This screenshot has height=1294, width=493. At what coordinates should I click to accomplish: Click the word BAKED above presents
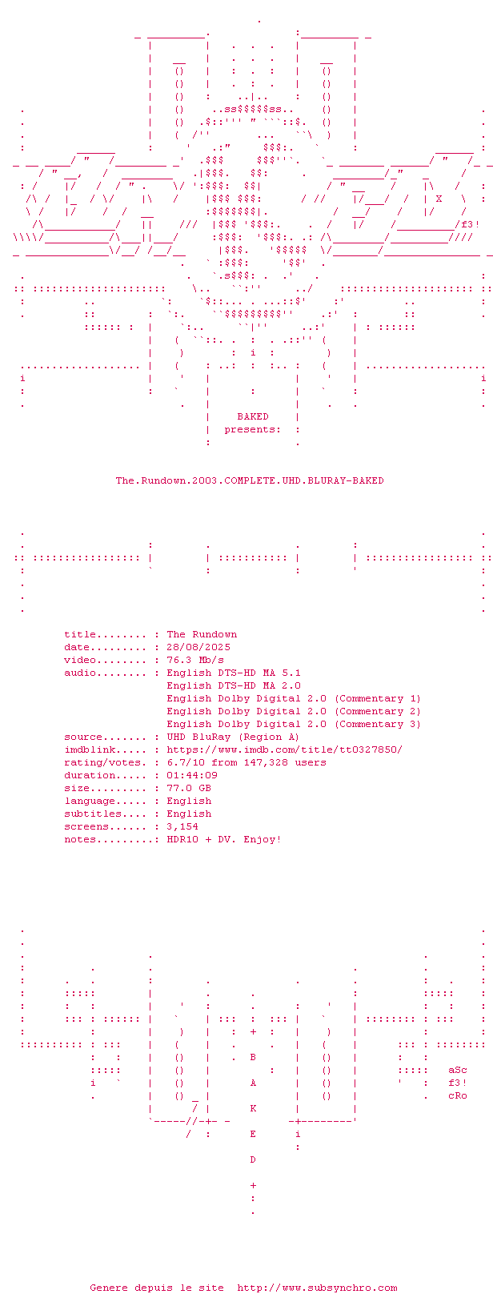point(253,416)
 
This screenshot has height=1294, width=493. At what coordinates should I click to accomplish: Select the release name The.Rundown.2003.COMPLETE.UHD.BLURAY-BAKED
point(250,480)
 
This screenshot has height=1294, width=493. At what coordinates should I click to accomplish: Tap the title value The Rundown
point(202,634)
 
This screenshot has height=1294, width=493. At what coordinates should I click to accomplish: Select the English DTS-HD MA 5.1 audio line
point(234,673)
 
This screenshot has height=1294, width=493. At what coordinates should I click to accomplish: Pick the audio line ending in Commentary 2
point(294,711)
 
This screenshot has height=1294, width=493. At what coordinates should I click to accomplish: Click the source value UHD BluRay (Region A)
point(233,737)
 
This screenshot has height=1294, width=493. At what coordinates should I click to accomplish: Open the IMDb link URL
point(284,749)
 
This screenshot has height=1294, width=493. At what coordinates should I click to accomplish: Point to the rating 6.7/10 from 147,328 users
point(246,762)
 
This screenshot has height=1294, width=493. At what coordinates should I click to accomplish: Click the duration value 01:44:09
point(192,775)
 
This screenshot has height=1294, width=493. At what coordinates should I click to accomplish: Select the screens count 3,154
point(182,826)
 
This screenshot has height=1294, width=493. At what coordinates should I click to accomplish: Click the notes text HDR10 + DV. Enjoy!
point(224,839)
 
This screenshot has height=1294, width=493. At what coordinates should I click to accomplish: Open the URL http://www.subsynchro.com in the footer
point(317,1288)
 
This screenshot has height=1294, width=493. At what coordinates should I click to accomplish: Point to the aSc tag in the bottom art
point(458,1070)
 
